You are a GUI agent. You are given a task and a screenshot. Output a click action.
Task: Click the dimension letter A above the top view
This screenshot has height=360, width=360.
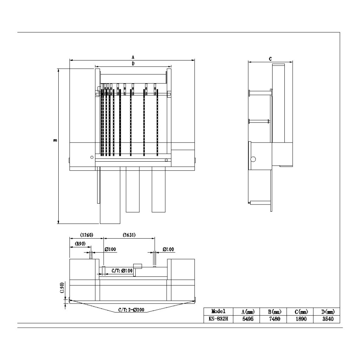point(133,57)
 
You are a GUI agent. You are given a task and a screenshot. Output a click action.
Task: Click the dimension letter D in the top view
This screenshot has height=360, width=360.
point(133,64)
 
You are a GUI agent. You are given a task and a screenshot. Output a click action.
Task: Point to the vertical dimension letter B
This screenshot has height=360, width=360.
point(55,140)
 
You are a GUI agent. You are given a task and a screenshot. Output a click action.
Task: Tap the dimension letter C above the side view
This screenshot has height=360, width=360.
point(270,59)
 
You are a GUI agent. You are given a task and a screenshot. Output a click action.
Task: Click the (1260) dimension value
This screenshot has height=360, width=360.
point(86,235)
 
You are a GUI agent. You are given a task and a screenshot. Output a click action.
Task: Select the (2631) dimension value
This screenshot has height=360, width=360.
point(129,235)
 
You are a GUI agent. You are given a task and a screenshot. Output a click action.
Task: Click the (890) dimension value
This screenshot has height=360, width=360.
point(80,243)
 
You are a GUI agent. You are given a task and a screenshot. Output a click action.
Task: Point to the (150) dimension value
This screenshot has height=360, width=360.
point(62,287)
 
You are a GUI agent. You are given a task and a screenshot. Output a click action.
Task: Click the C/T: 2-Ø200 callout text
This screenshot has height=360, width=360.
point(131,310)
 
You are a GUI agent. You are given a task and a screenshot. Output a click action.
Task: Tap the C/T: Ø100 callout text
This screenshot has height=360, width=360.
point(122,271)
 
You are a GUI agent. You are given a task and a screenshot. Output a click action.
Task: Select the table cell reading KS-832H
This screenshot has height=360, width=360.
point(219,319)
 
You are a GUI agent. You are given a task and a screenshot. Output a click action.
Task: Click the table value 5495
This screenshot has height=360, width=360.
point(248,319)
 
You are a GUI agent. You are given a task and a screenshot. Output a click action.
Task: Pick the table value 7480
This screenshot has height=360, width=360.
point(275,319)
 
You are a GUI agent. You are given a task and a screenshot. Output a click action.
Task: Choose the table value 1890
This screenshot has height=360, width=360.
point(301,319)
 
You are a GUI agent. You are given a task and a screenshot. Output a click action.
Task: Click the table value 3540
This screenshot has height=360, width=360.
point(328,319)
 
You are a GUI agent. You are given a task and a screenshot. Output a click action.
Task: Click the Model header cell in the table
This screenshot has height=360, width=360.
point(219,311)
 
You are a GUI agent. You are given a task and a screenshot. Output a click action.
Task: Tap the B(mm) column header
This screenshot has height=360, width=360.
point(275,311)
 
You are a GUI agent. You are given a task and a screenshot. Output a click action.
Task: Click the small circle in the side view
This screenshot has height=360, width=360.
point(253,159)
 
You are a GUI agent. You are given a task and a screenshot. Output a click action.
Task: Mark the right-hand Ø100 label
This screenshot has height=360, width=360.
point(168,249)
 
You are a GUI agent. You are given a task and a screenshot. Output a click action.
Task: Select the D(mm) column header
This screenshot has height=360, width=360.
point(328,311)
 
